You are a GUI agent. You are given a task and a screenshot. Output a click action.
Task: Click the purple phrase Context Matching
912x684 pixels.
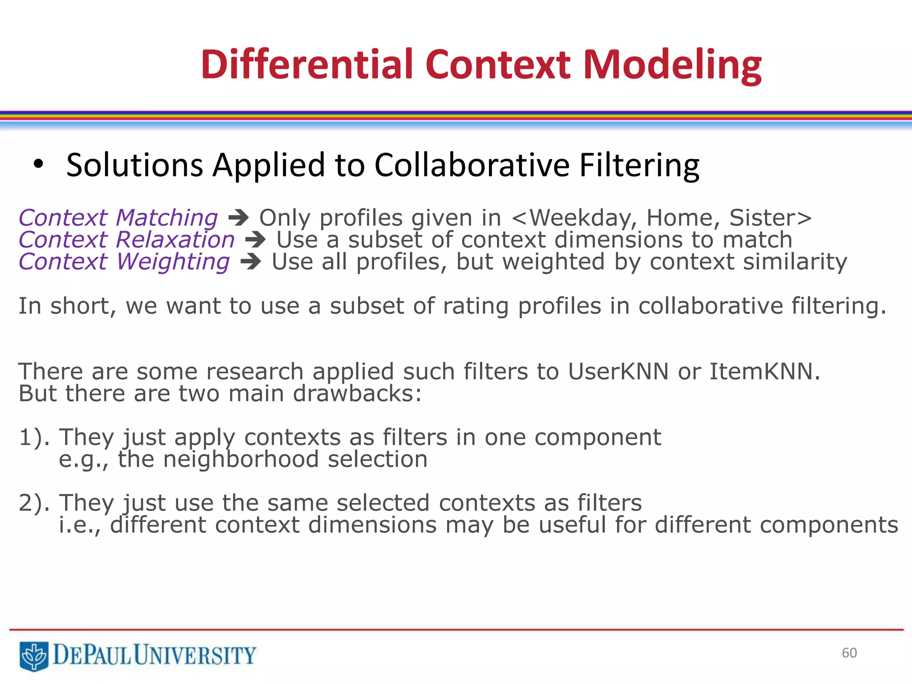pyautogui.click(x=118, y=218)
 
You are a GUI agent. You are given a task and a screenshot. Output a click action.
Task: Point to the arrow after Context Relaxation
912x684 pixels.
pyautogui.click(x=256, y=240)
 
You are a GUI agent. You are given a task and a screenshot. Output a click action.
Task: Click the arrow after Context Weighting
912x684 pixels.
pyautogui.click(x=251, y=262)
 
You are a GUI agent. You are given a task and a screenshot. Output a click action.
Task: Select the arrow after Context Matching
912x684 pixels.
pyautogui.click(x=239, y=218)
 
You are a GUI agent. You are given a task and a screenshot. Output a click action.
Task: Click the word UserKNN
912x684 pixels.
pyautogui.click(x=618, y=371)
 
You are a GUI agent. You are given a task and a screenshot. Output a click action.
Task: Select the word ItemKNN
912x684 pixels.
pyautogui.click(x=764, y=371)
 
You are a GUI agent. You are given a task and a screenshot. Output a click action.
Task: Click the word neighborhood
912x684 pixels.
pyautogui.click(x=241, y=460)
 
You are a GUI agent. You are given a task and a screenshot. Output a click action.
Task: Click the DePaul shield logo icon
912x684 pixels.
pyautogui.click(x=34, y=655)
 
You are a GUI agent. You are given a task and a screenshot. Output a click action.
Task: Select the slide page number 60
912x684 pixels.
pyautogui.click(x=849, y=653)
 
